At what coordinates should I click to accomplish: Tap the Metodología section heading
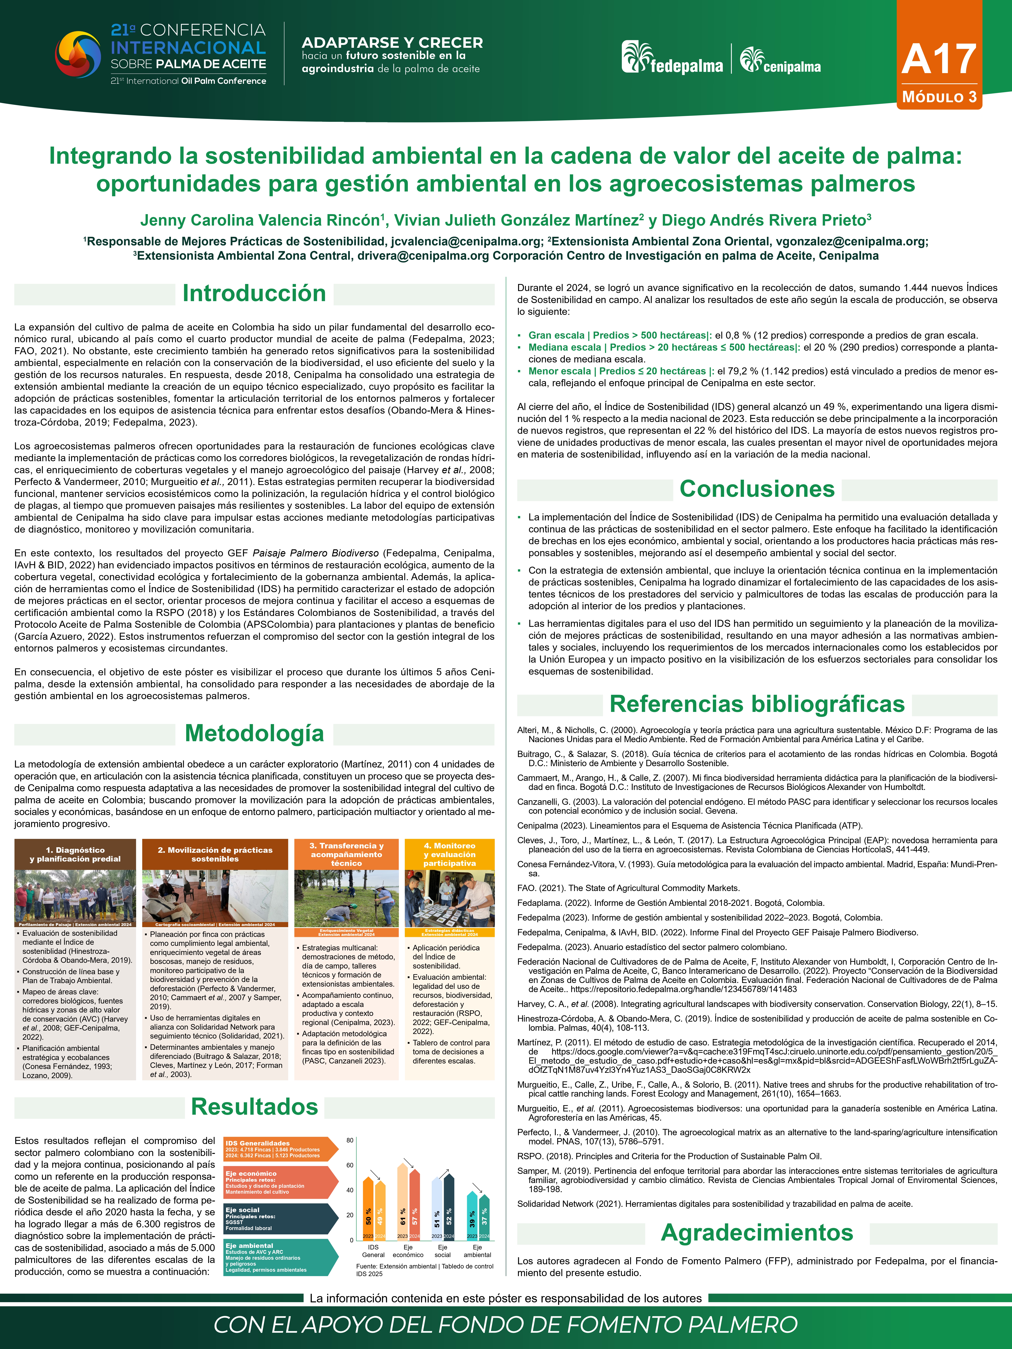point(254,734)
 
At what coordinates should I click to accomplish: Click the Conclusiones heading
point(757,489)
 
